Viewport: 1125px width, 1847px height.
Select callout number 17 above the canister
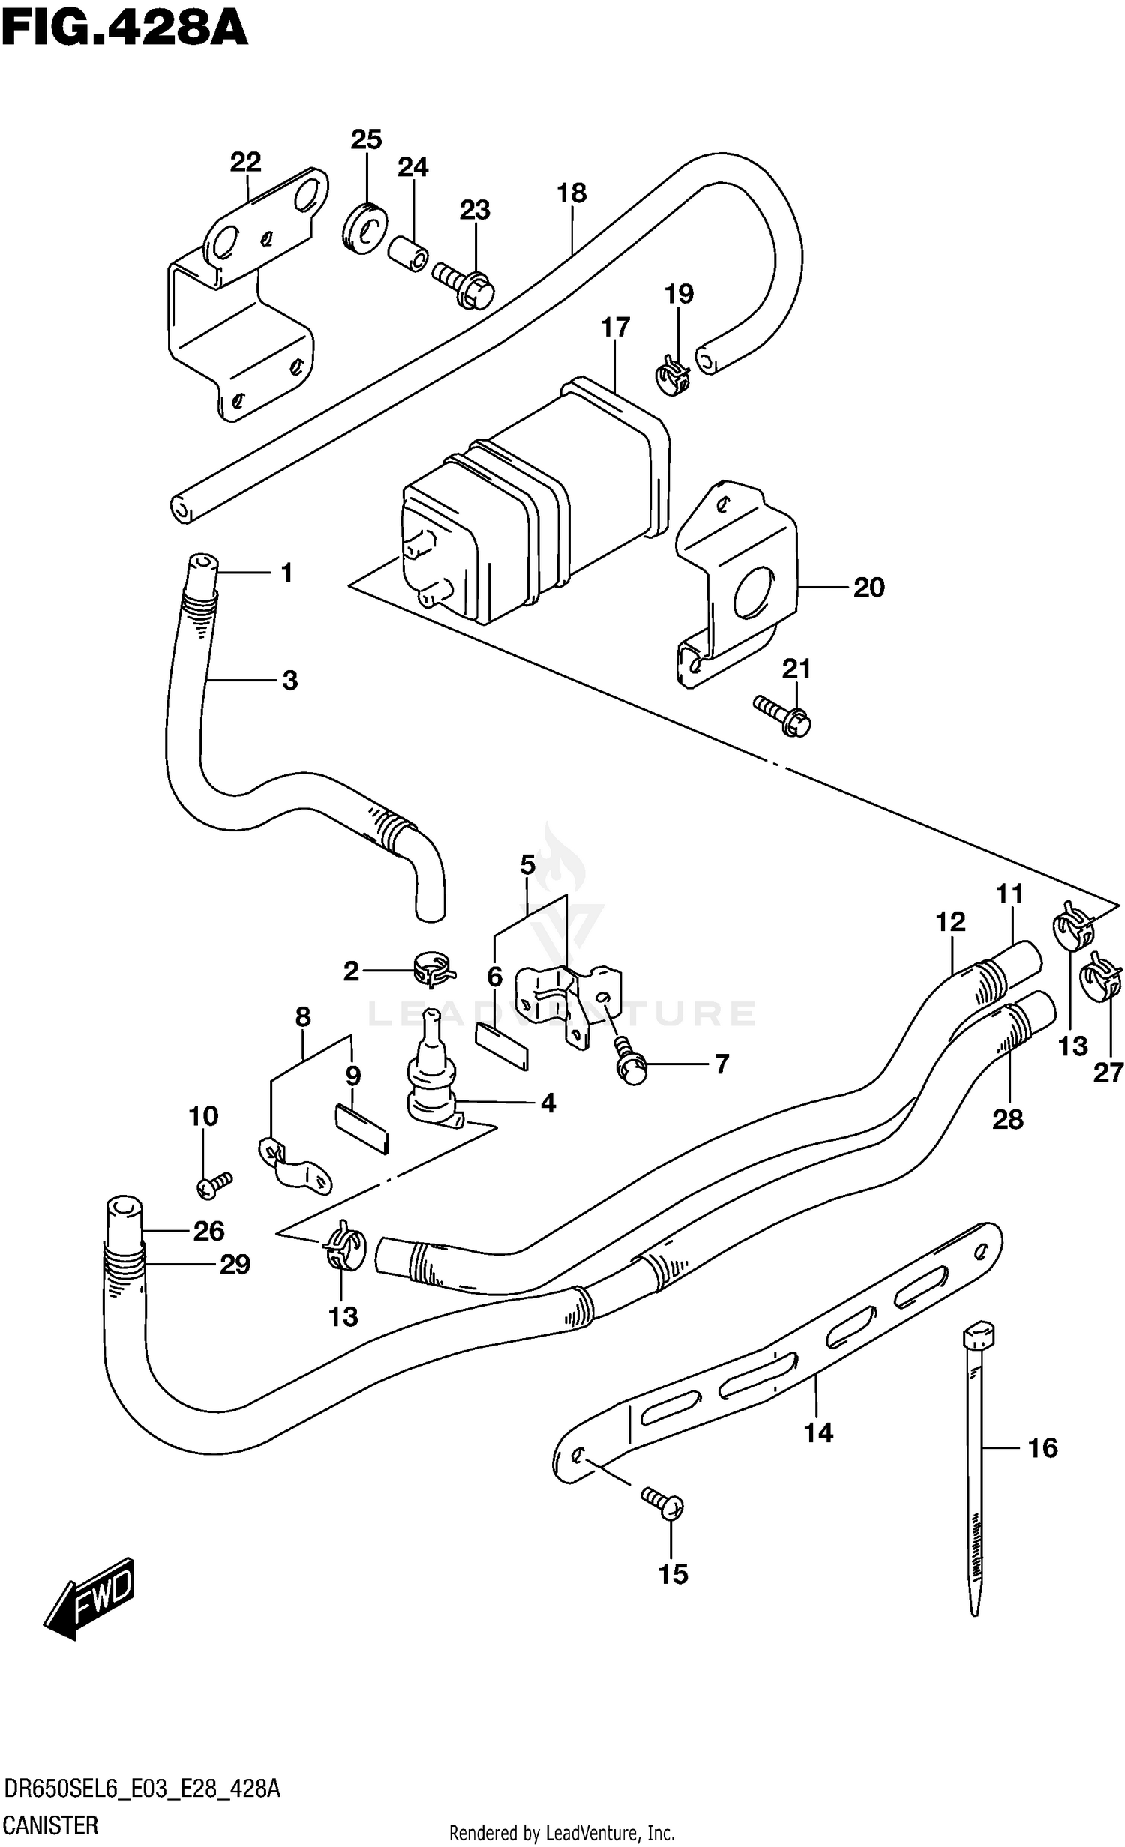pyautogui.click(x=614, y=328)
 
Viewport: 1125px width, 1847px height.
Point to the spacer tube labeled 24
pyautogui.click(x=409, y=254)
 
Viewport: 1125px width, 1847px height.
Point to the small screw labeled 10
pyautogui.click(x=213, y=1184)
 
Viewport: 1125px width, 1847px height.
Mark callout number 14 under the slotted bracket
pyautogui.click(x=817, y=1432)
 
